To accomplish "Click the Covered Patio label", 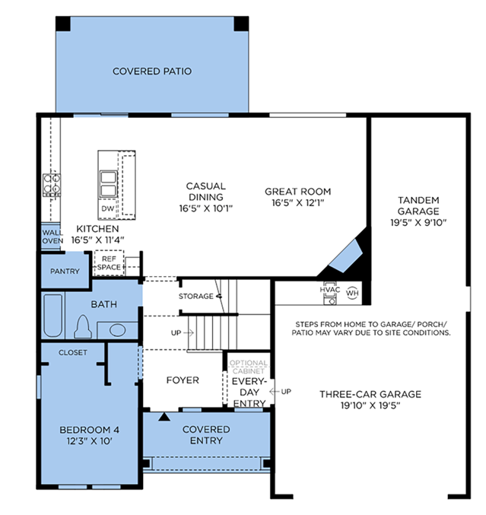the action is tap(152, 72).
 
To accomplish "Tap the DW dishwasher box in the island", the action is tap(108, 208).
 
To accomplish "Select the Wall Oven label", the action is tap(52, 237).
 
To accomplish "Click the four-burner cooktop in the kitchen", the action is tap(52, 185).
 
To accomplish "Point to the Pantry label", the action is tap(65, 272).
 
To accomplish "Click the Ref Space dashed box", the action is tap(109, 263).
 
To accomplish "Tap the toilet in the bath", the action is tap(83, 327).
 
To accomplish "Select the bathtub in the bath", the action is tap(53, 316).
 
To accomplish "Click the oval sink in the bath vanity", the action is tap(117, 330).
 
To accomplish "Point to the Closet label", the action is tap(73, 352).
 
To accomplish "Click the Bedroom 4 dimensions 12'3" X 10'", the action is tap(90, 440).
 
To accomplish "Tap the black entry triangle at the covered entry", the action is tap(164, 417).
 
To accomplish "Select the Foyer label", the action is tap(183, 380).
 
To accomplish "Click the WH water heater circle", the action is tap(352, 293).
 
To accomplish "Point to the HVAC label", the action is tap(329, 290).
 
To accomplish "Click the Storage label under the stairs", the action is tap(196, 296).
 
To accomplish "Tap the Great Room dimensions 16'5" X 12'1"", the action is tap(298, 202).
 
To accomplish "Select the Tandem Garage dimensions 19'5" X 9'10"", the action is tap(418, 223).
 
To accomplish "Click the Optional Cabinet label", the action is tap(248, 367).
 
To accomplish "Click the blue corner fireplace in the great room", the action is tap(346, 256).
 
